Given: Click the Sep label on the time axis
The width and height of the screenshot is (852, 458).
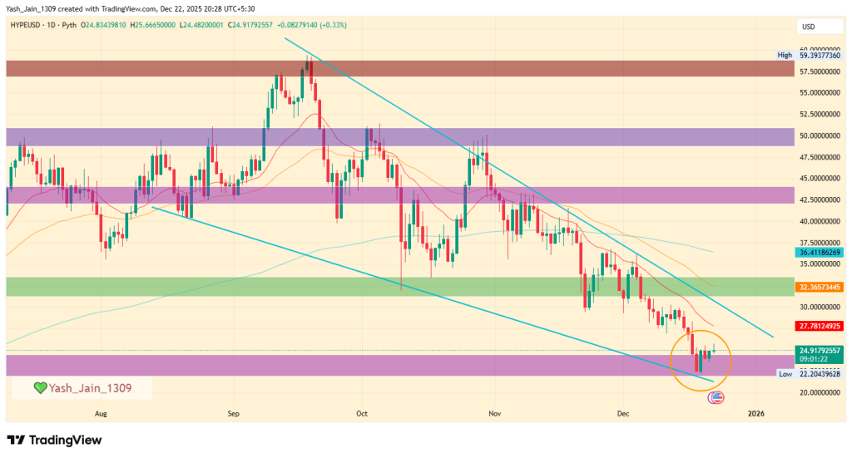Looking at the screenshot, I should point(233,412).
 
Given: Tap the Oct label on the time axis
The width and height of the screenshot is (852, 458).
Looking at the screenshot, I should point(362,412).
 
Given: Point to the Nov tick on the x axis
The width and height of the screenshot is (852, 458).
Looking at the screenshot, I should point(495,412).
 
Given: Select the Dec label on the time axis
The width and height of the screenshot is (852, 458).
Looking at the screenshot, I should point(623,412).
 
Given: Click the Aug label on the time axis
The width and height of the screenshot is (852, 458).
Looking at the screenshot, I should point(101,412).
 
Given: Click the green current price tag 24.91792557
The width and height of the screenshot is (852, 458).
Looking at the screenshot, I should point(820,351).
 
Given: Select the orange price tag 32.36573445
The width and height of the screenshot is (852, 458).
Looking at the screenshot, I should point(820,286).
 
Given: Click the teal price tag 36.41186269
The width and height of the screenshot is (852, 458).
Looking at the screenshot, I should point(820,251).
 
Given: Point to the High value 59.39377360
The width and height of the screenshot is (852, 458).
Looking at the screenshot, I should point(820,55).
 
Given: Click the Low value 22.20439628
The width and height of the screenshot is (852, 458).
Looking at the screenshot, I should point(820,374).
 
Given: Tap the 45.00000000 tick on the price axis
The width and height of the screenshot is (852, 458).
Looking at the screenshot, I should point(820,178).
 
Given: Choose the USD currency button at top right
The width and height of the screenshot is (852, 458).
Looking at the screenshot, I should point(808,27).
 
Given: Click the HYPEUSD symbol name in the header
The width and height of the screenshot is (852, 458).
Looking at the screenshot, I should point(28,25).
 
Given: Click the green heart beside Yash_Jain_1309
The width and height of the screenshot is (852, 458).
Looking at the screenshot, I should point(39,388).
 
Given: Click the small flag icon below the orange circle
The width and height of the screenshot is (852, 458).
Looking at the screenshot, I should point(715,398).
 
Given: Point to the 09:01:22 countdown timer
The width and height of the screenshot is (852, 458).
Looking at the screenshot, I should point(815,359).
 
